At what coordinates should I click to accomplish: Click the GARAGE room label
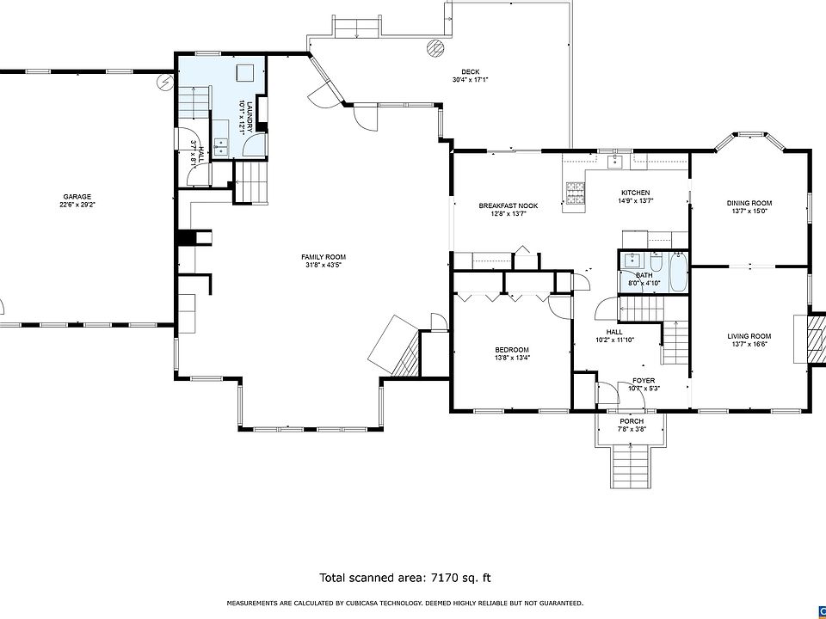pyautogui.click(x=78, y=196)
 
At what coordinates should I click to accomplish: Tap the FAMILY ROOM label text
pyautogui.click(x=324, y=257)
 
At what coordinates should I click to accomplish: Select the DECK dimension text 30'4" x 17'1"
pyautogui.click(x=471, y=80)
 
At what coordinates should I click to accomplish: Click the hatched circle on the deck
pyautogui.click(x=435, y=48)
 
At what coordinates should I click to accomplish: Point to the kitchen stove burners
pyautogui.click(x=576, y=193)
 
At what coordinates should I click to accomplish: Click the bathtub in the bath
pyautogui.click(x=679, y=273)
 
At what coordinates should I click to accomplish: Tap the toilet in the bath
pyautogui.click(x=656, y=262)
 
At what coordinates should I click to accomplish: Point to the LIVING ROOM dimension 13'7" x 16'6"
pyautogui.click(x=749, y=344)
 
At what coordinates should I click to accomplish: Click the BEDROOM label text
pyautogui.click(x=511, y=350)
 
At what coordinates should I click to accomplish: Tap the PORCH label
pyautogui.click(x=631, y=421)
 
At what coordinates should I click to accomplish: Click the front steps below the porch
pyautogui.click(x=631, y=468)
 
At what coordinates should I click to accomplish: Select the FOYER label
pyautogui.click(x=644, y=381)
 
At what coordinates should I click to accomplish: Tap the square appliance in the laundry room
pyautogui.click(x=244, y=72)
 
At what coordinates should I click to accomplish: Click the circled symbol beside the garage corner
pyautogui.click(x=165, y=81)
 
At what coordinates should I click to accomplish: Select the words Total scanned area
pyautogui.click(x=371, y=578)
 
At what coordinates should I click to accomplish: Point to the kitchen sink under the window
pyautogui.click(x=615, y=162)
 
